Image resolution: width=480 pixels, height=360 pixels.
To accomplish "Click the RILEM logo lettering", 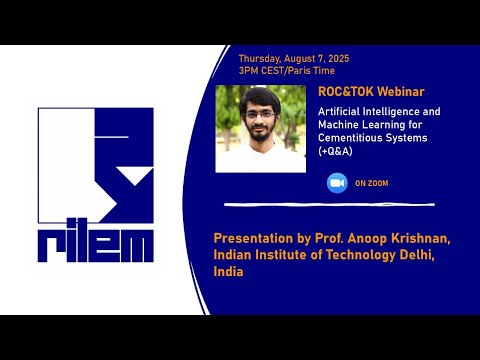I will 96,244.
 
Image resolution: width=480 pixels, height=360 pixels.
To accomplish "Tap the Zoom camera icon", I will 337,183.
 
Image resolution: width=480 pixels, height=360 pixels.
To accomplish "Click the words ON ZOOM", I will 371,184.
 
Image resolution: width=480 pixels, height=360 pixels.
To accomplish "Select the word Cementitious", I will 346,137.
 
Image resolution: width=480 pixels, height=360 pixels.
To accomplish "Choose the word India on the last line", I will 229,272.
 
